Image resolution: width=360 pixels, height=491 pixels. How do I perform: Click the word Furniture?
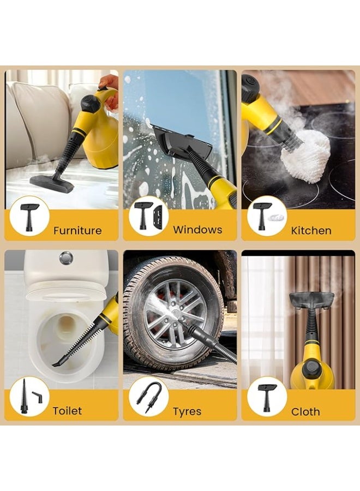coord(77,230)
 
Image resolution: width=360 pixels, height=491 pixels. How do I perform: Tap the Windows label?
coord(197,230)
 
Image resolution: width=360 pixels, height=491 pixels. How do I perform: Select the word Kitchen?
coord(311,230)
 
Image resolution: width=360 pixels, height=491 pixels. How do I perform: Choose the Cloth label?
coord(305,411)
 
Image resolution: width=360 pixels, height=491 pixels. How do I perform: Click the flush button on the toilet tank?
coord(66,258)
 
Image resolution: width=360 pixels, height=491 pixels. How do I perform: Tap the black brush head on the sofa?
coord(51,184)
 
